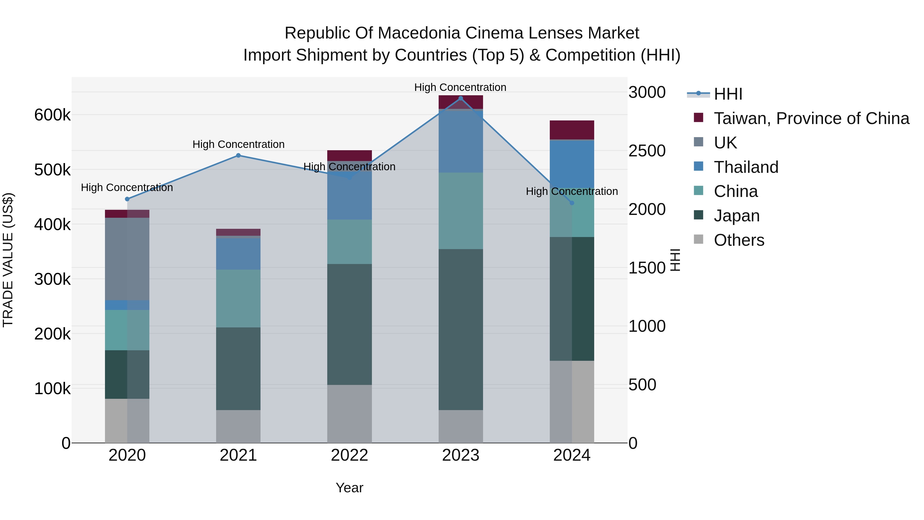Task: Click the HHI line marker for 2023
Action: [460, 98]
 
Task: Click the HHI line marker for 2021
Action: [238, 155]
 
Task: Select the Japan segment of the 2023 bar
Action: [460, 329]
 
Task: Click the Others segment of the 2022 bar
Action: [349, 414]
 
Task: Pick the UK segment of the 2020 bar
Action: [127, 259]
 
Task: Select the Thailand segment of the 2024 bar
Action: [572, 164]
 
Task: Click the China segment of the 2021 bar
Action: [238, 298]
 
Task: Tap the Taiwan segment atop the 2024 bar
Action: [572, 130]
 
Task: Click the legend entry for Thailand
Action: [746, 167]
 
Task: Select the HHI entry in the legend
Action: [728, 94]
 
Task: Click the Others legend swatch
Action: [698, 239]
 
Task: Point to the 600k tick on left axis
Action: [52, 115]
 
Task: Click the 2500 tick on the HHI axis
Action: [647, 151]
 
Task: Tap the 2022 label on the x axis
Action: [349, 455]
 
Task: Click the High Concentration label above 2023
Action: [460, 87]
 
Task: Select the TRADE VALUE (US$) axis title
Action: [8, 260]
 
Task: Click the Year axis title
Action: [349, 488]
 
